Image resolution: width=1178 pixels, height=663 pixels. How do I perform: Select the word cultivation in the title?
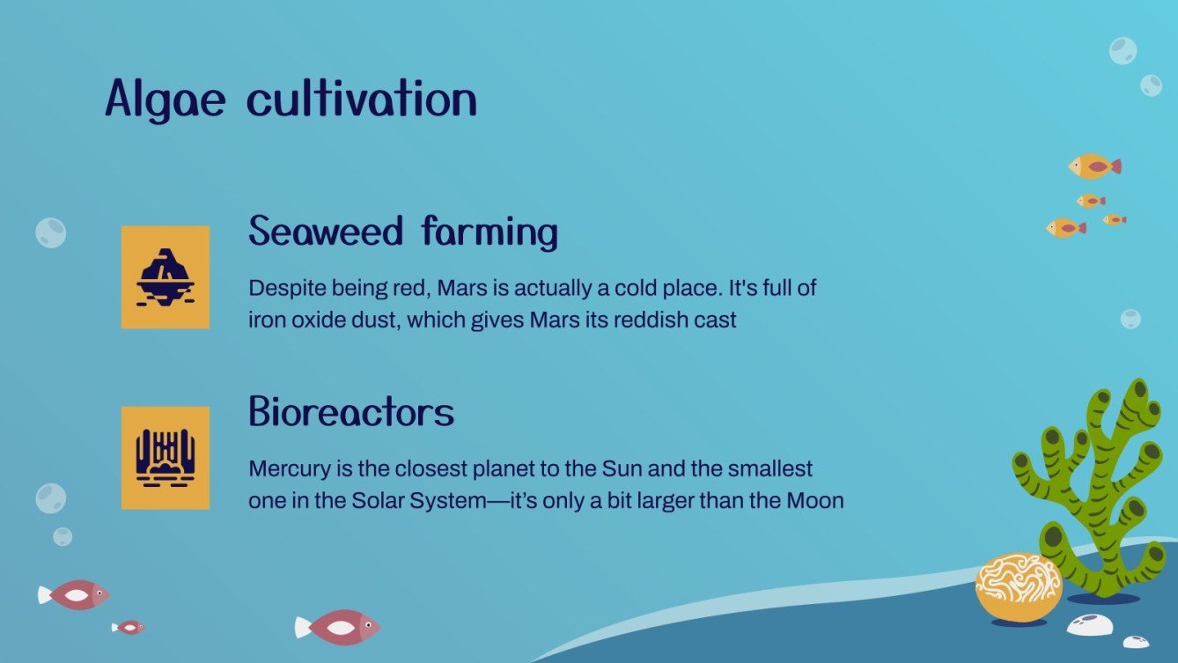coord(361,99)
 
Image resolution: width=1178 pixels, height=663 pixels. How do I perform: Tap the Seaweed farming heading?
coord(403,232)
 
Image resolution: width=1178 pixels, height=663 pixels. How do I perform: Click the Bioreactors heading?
coord(351,411)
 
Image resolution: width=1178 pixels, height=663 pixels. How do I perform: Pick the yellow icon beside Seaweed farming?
coord(166,277)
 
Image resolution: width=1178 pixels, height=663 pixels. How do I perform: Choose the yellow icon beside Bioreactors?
coord(166,458)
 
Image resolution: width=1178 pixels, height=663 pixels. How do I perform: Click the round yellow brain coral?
coord(1019,586)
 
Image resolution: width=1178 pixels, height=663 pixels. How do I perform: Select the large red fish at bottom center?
coord(338,627)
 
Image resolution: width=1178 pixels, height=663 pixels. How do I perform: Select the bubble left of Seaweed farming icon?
coord(51,232)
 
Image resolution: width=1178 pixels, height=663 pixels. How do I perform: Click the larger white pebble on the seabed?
coord(1089,625)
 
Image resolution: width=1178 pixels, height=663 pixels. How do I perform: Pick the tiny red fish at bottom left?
coord(129,627)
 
